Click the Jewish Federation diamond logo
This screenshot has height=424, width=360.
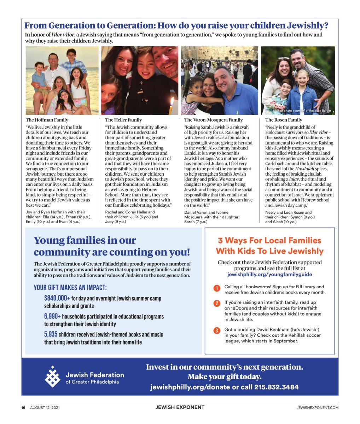point(52,377)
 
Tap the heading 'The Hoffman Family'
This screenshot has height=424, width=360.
point(47,120)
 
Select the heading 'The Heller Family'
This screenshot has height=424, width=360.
point(123,120)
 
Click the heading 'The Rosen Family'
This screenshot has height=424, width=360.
point(284,120)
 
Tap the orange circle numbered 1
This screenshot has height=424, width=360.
point(217,288)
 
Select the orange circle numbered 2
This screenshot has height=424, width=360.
point(217,304)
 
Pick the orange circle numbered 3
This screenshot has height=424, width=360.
point(217,331)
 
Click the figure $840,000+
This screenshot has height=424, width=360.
point(57,298)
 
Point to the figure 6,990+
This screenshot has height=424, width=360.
point(52,316)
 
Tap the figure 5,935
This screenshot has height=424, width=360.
point(51,334)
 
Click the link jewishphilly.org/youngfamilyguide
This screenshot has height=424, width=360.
point(269,274)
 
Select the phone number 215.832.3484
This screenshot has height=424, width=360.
point(276,387)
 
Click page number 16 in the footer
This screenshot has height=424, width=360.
point(23,407)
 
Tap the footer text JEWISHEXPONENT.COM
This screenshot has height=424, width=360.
point(317,407)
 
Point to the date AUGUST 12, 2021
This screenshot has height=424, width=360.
point(45,407)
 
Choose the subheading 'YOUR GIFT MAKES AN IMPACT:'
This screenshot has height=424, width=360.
point(70,288)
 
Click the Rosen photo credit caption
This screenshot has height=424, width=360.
point(302,111)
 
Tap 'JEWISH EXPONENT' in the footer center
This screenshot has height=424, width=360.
point(180,407)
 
